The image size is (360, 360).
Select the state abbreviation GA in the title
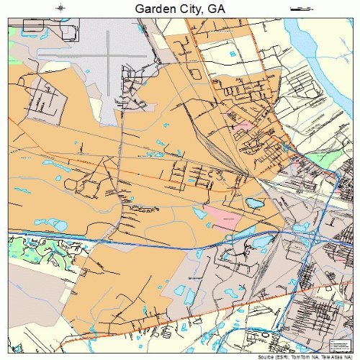click(217, 9)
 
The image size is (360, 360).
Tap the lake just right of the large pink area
click(253, 204)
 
